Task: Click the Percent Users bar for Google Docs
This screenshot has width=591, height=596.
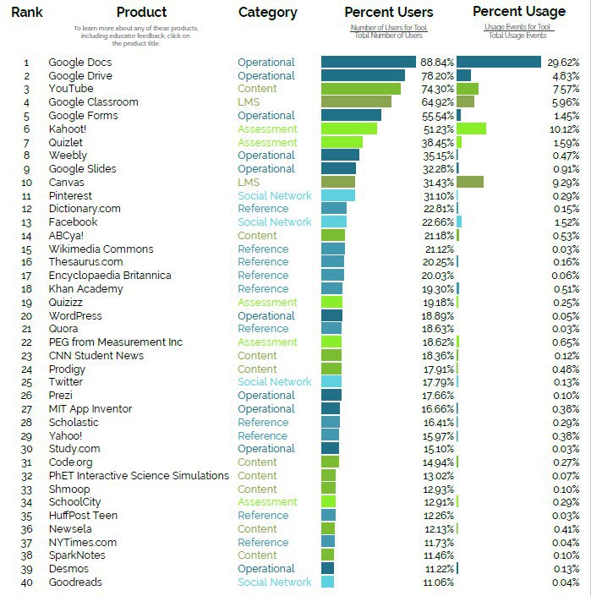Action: [369, 62]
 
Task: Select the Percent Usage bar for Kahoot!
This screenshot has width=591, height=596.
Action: [471, 128]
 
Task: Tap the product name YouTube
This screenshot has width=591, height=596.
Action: [71, 89]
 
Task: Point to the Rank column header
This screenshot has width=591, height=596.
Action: [27, 12]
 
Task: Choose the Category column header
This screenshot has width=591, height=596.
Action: [267, 12]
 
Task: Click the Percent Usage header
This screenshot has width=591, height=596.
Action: [518, 11]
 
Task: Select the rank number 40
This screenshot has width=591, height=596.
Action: [26, 582]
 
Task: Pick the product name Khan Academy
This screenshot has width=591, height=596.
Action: [85, 289]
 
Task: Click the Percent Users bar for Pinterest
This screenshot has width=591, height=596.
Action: [338, 195]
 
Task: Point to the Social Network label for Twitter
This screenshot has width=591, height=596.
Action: [275, 382]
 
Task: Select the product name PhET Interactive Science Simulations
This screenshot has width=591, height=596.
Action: [139, 475]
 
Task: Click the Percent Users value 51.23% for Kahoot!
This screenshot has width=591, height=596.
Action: [438, 129]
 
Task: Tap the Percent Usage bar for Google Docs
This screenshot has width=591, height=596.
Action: [498, 62]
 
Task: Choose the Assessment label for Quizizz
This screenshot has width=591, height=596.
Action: [267, 303]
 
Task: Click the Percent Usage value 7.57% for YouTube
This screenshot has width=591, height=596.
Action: [563, 89]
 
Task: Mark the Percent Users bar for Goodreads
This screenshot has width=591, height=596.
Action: [328, 582]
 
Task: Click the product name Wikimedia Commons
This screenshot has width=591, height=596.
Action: [101, 249]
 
